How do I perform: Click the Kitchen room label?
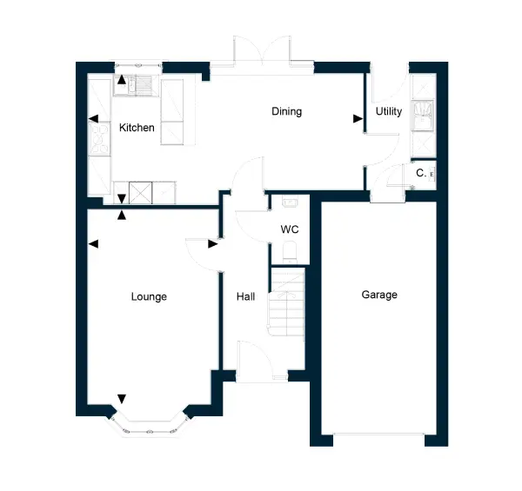(x=137, y=128)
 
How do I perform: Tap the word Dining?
(x=286, y=111)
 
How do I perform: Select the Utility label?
(x=389, y=111)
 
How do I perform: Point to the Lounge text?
(x=149, y=296)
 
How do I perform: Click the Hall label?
(x=245, y=296)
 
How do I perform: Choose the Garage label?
(x=379, y=295)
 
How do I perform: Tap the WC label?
(x=290, y=229)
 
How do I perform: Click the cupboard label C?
(x=421, y=173)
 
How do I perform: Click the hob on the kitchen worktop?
(x=100, y=139)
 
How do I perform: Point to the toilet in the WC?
(x=290, y=252)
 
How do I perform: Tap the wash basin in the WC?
(x=290, y=202)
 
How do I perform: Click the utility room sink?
(x=423, y=116)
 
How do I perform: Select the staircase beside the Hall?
(x=287, y=302)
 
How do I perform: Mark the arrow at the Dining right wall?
(x=358, y=119)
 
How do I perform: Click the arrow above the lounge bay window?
(x=122, y=399)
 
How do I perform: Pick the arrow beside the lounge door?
(x=213, y=244)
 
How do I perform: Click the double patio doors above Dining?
(x=262, y=50)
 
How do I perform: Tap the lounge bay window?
(x=149, y=427)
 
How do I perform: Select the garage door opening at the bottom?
(x=378, y=435)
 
